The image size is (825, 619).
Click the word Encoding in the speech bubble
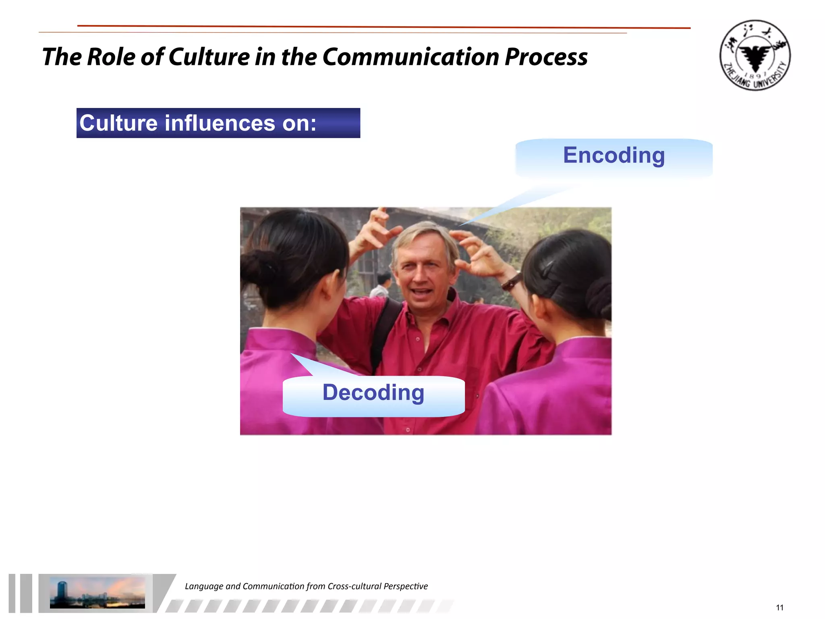point(614,156)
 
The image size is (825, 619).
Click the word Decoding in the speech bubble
point(373,393)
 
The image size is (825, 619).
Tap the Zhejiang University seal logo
point(755,55)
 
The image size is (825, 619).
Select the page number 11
point(779,607)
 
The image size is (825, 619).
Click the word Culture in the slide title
point(209,56)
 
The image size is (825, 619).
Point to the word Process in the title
point(546,56)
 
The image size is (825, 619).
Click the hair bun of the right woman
point(599,298)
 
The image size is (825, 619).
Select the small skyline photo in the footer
point(97,592)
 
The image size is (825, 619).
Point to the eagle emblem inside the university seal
point(755,56)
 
